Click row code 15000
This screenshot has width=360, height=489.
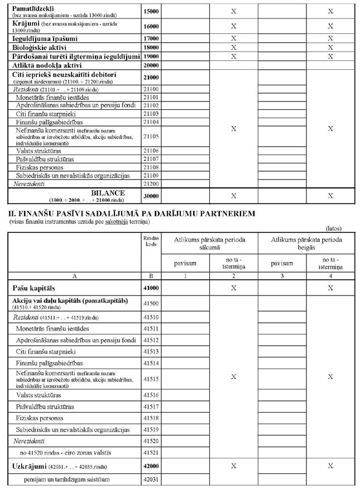(x=151, y=11)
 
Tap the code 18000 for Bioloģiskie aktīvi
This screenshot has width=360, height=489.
(x=151, y=47)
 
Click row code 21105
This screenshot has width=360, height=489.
(x=151, y=136)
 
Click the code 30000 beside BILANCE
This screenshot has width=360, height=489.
(x=151, y=196)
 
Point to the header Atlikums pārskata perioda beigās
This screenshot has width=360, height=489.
(x=302, y=243)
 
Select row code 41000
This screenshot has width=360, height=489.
(x=151, y=288)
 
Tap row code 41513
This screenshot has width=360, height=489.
(x=151, y=352)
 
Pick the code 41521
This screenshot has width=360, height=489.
(x=151, y=451)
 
